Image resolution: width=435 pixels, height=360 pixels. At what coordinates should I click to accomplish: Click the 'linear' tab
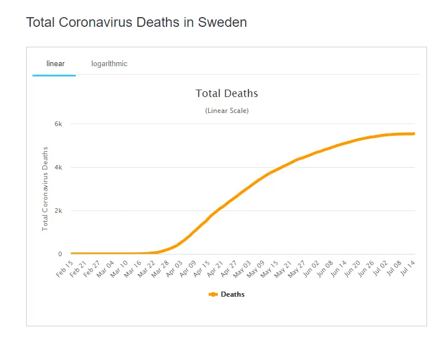point(55,63)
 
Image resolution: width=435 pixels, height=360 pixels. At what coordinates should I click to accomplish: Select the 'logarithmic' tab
point(109,63)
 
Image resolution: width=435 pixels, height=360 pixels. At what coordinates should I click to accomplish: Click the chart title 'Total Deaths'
point(226,94)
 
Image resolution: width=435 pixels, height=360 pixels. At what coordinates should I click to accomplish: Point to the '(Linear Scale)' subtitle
point(226,111)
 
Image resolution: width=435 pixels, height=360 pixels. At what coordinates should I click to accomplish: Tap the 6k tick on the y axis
point(58,124)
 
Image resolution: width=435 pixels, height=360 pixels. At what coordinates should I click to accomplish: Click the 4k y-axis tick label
point(58,167)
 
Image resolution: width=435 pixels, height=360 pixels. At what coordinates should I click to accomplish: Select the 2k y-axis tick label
point(58,211)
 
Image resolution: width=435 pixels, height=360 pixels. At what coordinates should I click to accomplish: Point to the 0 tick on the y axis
point(60,254)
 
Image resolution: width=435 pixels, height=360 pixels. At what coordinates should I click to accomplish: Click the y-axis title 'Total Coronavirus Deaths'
point(46,189)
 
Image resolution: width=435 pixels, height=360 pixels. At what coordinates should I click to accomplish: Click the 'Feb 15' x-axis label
point(65,269)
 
